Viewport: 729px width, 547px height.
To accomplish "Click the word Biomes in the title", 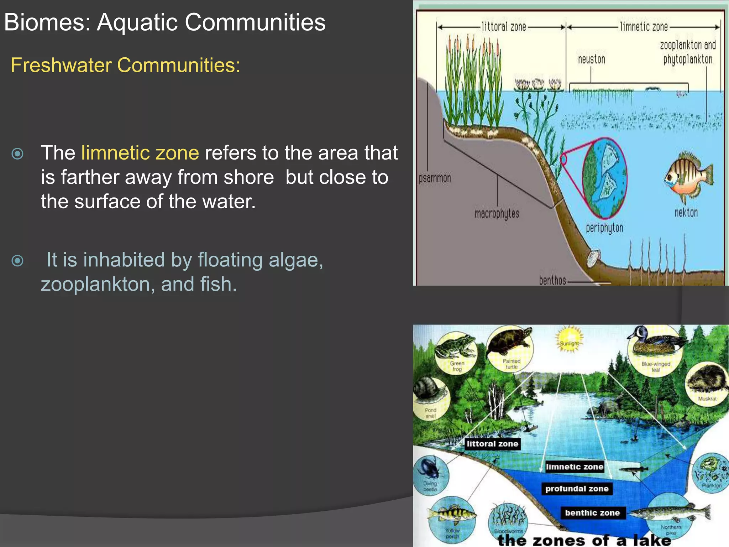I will (47, 22).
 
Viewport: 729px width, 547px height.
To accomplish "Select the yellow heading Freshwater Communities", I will (125, 65).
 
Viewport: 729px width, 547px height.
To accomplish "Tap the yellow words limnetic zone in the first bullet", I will (140, 153).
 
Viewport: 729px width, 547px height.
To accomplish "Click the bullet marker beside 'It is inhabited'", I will (17, 261).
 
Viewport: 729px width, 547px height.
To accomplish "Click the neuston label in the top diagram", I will (591, 59).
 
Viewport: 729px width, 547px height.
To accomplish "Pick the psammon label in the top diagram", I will (435, 178).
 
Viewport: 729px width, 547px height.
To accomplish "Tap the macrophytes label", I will (497, 214).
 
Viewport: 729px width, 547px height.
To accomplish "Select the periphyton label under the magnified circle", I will (604, 228).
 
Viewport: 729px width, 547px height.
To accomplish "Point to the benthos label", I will (552, 281).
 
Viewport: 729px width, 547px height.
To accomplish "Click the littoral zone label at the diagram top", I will (504, 27).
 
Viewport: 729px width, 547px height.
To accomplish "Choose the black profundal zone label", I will (577, 489).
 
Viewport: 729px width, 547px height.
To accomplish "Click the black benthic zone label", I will (592, 513).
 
